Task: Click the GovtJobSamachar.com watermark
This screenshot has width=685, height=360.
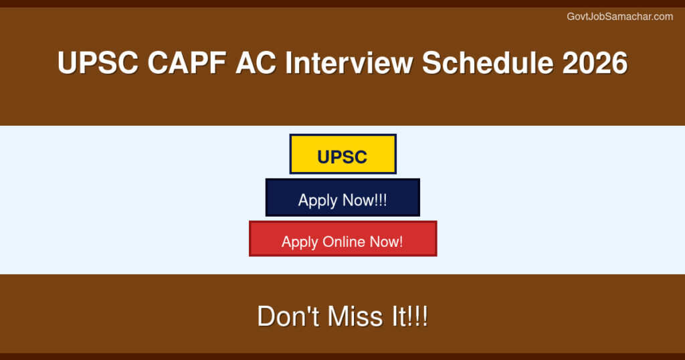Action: pos(619,17)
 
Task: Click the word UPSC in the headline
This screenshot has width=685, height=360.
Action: pos(98,64)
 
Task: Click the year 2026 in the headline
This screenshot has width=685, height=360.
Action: pos(595,64)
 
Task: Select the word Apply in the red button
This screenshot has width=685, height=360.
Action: pos(300,242)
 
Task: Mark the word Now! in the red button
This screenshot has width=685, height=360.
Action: pos(387,242)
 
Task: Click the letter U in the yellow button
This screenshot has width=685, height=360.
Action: pos(324,157)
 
